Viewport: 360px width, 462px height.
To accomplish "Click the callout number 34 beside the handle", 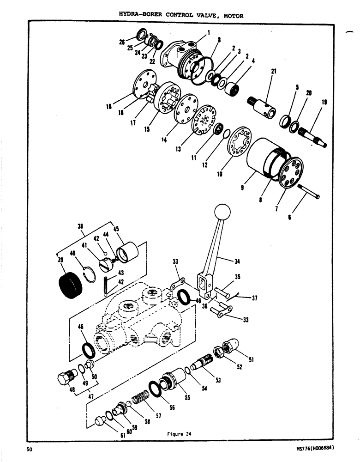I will [237, 261].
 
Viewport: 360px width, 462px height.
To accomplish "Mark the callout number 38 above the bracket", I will [81, 227].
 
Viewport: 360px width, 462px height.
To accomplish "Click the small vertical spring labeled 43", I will [105, 283].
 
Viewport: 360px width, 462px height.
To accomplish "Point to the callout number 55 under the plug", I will [187, 397].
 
